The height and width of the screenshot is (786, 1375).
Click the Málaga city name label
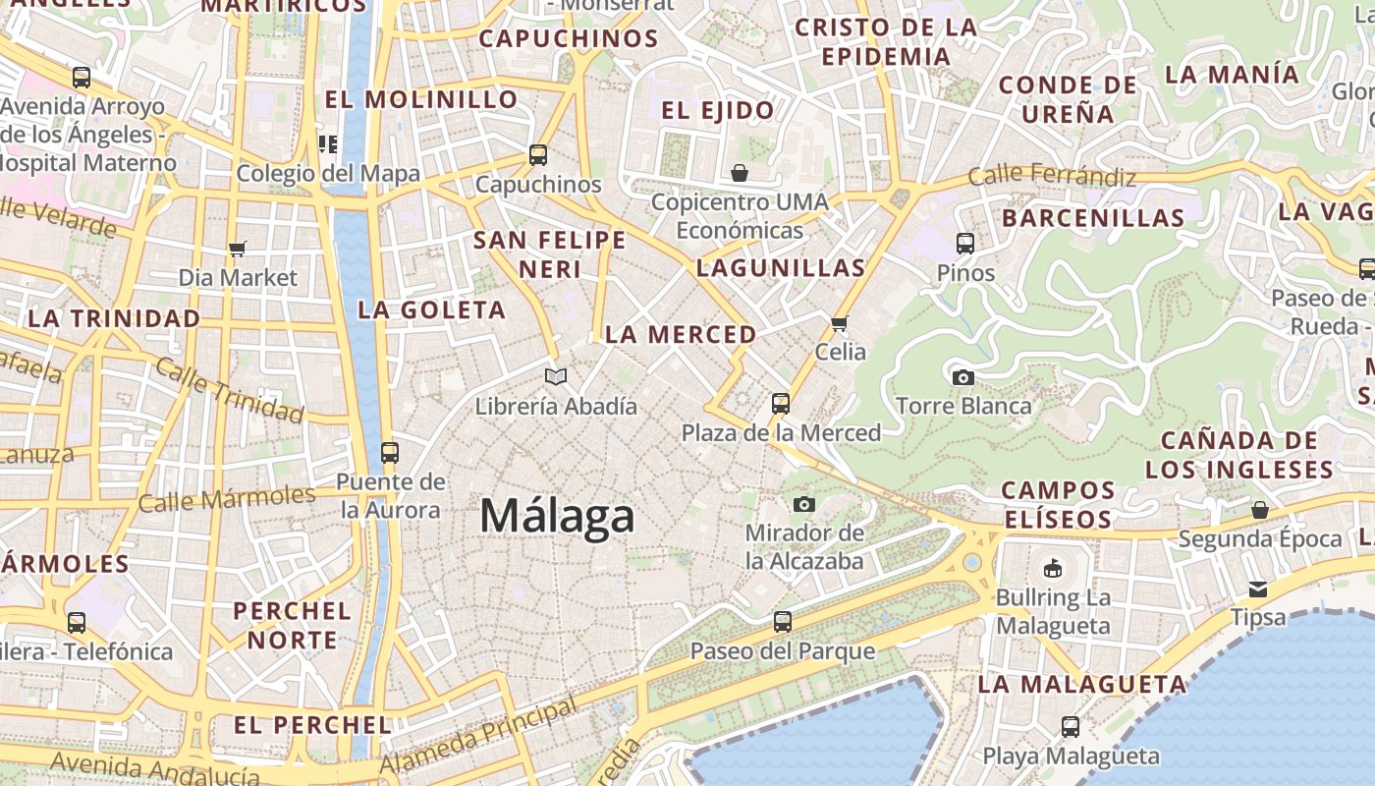click(x=557, y=516)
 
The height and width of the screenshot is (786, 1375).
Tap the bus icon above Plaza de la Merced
click(x=781, y=403)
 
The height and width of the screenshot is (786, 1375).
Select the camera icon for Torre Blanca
click(x=963, y=377)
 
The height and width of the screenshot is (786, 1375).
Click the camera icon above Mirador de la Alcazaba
click(x=804, y=504)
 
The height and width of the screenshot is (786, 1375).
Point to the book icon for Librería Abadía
click(x=556, y=376)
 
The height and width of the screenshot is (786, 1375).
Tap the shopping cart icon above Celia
click(x=840, y=323)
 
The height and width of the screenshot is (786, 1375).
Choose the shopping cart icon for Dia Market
click(x=237, y=249)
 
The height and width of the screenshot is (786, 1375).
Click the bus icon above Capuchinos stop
click(x=537, y=154)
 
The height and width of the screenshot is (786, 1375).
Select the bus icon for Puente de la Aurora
click(x=390, y=453)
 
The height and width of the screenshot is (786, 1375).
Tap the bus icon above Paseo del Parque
click(x=782, y=621)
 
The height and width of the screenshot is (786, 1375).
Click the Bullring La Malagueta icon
click(x=1053, y=568)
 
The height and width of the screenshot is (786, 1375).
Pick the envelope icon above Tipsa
click(x=1258, y=589)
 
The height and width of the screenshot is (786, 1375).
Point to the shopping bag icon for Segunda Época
click(x=1260, y=510)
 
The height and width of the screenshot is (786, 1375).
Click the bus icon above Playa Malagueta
click(x=1071, y=727)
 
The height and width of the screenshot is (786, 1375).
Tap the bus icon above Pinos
click(x=965, y=243)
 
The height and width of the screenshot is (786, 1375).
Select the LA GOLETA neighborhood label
click(x=432, y=310)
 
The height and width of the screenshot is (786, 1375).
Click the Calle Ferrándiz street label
click(x=1052, y=177)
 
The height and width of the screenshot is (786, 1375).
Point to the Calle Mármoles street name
click(x=227, y=499)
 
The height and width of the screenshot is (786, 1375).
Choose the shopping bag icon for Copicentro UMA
click(x=740, y=174)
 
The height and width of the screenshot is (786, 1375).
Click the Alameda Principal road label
click(x=478, y=736)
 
